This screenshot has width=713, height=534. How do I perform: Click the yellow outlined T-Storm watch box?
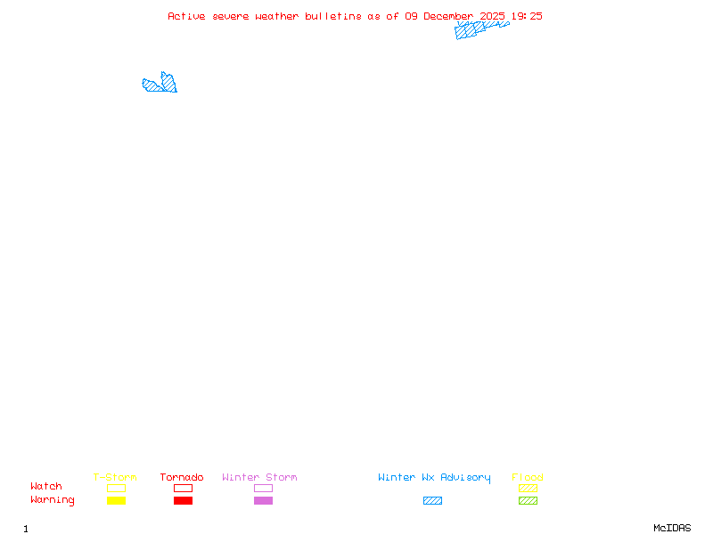coord(116,488)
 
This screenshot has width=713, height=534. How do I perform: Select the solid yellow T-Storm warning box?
coord(116,500)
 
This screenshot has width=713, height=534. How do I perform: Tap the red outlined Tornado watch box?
coord(183,488)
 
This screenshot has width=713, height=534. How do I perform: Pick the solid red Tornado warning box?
coord(183,500)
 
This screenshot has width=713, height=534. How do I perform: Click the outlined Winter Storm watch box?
coord(263,488)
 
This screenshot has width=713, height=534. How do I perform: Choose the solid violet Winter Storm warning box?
coord(263,500)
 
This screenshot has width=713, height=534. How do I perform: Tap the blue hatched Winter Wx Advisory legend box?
coord(432,500)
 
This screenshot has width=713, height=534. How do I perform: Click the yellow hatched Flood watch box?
coord(528,488)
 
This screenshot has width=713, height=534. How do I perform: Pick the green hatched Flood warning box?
coord(528,500)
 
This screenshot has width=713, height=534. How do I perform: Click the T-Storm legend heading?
coord(115,477)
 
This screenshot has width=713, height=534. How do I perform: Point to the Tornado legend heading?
coord(182,477)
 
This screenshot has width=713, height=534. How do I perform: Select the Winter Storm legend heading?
coord(259,477)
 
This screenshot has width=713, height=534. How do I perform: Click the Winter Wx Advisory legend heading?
coord(434,477)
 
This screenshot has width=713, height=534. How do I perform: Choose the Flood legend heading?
coord(528,477)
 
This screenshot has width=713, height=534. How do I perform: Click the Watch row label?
coord(46,487)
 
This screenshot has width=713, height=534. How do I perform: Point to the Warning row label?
coord(53,500)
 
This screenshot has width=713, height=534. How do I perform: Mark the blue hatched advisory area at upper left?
coord(161,85)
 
